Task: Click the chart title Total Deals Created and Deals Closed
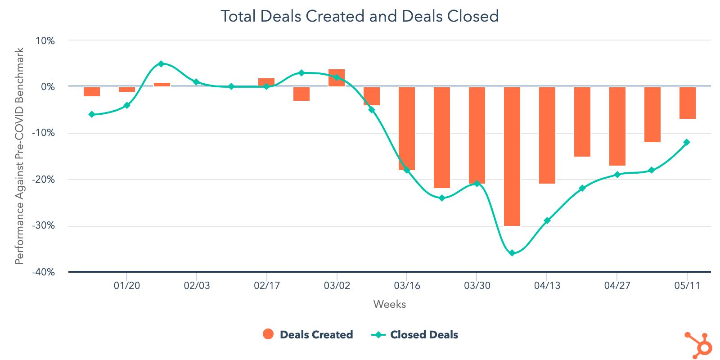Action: (x=360, y=16)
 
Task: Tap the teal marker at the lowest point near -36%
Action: (x=512, y=253)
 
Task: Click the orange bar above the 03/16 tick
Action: (x=407, y=128)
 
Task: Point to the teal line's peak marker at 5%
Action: (x=161, y=64)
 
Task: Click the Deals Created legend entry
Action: (x=308, y=334)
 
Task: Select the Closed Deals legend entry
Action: (x=415, y=334)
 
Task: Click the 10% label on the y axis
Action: (x=45, y=41)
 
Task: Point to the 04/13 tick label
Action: (x=547, y=286)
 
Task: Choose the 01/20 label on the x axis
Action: (x=126, y=286)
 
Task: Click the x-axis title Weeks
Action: (x=389, y=305)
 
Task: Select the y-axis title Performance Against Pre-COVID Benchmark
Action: (x=19, y=156)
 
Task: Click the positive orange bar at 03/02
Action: (x=337, y=78)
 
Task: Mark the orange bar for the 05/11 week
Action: (x=687, y=103)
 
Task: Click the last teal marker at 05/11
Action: (x=687, y=142)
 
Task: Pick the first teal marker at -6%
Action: (x=92, y=114)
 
